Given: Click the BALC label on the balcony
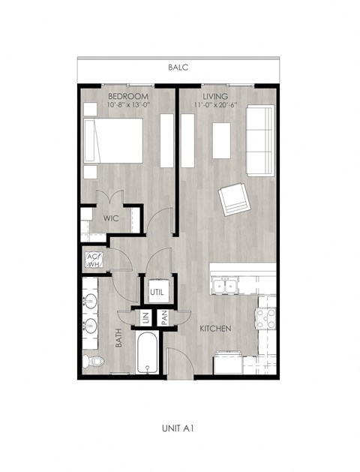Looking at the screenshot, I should [x=178, y=68].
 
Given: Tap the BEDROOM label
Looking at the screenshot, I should [x=128, y=97].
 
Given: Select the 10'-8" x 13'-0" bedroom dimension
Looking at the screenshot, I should [x=128, y=105].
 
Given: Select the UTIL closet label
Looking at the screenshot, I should [x=157, y=292].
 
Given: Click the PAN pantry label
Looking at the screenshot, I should [x=164, y=317].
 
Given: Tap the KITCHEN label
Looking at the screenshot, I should [x=214, y=329].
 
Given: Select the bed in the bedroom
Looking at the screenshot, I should [x=113, y=143].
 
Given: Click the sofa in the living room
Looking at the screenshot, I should [x=260, y=140].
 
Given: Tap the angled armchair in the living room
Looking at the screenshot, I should [x=234, y=199].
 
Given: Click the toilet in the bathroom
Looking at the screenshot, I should [x=94, y=362].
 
